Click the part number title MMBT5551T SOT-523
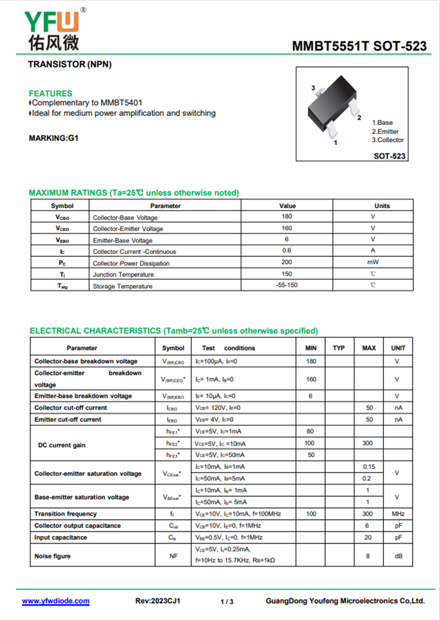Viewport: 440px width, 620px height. pyautogui.click(x=359, y=46)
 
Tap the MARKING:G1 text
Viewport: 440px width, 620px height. pyautogui.click(x=53, y=138)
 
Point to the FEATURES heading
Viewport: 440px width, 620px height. pyautogui.click(x=50, y=93)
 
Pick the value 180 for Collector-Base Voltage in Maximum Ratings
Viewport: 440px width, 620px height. pyautogui.click(x=287, y=217)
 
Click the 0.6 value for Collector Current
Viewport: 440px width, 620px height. pyautogui.click(x=287, y=251)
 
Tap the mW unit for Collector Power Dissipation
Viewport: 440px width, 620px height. pyautogui.click(x=373, y=262)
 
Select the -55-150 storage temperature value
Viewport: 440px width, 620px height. pyautogui.click(x=287, y=285)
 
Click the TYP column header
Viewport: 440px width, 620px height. pyautogui.click(x=339, y=348)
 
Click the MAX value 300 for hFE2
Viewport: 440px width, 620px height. pyautogui.click(x=369, y=443)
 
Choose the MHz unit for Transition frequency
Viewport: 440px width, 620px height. pyautogui.click(x=398, y=514)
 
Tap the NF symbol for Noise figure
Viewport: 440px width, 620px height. pyautogui.click(x=173, y=556)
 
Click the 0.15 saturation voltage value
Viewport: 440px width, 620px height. pyautogui.click(x=369, y=467)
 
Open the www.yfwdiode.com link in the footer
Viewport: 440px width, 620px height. pyautogui.click(x=56, y=601)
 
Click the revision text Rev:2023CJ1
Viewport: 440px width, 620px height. pyautogui.click(x=158, y=601)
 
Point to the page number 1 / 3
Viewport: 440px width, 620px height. pyautogui.click(x=227, y=602)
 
